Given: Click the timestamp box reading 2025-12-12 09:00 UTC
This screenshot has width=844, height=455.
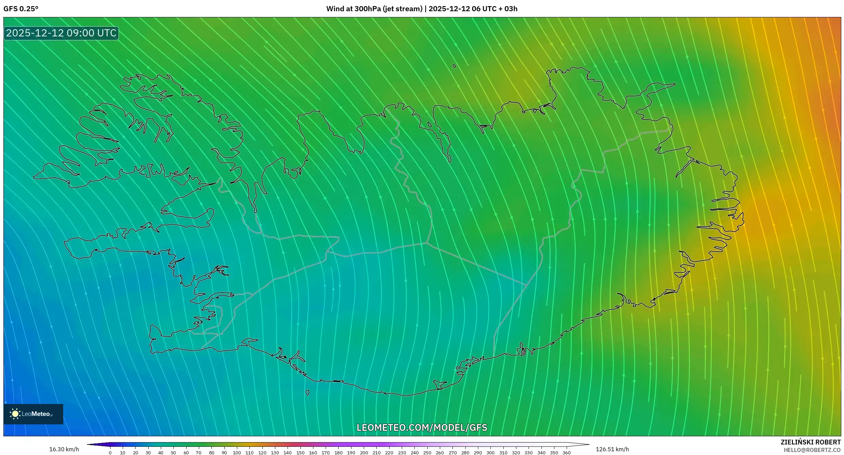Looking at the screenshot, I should (x=61, y=33).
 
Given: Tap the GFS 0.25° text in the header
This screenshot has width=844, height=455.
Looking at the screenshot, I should (x=21, y=9).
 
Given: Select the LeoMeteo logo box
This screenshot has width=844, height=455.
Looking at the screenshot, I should (x=33, y=414).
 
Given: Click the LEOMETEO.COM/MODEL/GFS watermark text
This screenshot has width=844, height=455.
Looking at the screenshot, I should (x=422, y=427).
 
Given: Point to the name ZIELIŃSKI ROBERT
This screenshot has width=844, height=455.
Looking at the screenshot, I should (x=810, y=442).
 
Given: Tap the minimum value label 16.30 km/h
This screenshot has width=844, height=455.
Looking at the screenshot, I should (x=64, y=449).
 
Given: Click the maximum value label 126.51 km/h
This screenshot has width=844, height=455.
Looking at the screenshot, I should (x=612, y=449).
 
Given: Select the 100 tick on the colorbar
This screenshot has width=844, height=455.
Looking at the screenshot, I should (x=237, y=453).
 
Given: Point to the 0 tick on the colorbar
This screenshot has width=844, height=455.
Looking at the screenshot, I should (x=110, y=453).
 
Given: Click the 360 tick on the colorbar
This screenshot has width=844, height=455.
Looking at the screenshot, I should (x=566, y=453).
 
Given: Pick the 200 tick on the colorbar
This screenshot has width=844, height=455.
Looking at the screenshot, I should (x=364, y=453).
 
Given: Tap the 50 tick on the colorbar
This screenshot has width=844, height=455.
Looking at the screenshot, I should (x=173, y=453).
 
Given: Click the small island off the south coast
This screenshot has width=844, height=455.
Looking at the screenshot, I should (x=308, y=393).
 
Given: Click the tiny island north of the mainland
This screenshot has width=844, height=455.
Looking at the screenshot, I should (x=454, y=66).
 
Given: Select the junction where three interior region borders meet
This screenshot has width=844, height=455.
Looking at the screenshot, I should (x=427, y=243).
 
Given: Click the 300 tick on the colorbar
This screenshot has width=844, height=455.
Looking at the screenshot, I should (x=490, y=453).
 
